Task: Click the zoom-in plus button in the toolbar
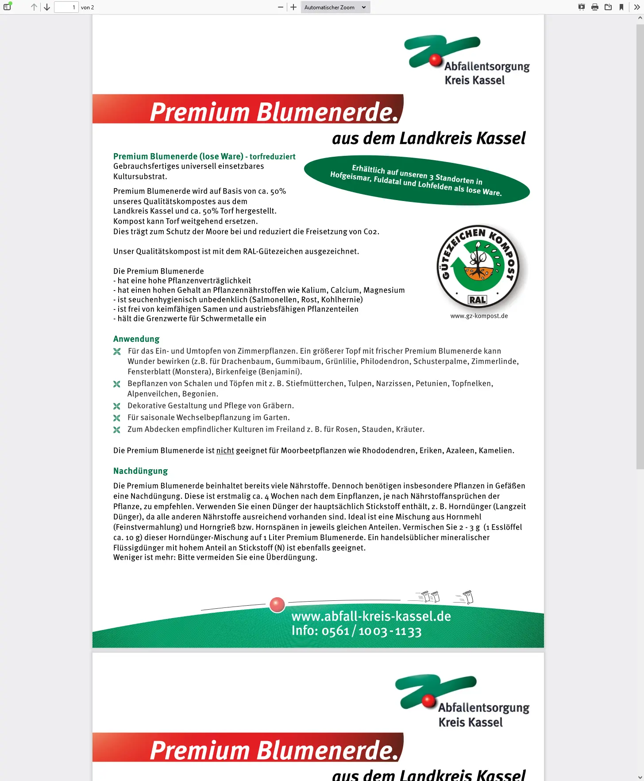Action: point(293,7)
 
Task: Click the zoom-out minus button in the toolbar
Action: point(281,7)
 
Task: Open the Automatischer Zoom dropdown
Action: point(335,7)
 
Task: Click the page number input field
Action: point(66,7)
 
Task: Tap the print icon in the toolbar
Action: point(595,7)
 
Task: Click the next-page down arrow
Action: point(47,7)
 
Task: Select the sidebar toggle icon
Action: point(7,7)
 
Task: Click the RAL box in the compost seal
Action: point(478,300)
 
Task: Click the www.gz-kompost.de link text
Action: point(479,316)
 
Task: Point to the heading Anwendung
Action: point(136,339)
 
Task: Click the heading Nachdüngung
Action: point(141,471)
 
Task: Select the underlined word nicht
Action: point(225,450)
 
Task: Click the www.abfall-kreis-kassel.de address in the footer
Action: point(371,616)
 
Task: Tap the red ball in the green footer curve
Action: point(277,605)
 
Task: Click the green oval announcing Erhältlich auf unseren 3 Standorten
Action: point(416,181)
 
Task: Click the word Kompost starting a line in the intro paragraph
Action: point(129,221)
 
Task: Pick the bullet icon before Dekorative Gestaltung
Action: point(117,406)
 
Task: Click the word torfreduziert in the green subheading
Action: point(272,156)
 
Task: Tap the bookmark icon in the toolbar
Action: point(621,7)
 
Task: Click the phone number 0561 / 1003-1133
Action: point(371,631)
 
